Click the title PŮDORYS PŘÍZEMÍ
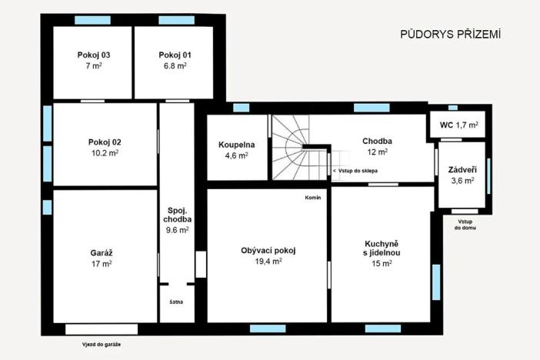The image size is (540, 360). click(451, 35)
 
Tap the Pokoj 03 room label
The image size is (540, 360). click(94, 55)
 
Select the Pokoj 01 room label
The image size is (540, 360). click(175, 55)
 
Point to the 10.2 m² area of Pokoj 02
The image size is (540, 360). click(105, 153)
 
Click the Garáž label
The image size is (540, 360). click(101, 252)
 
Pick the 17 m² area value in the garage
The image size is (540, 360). click(101, 264)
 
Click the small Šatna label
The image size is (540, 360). click(176, 302)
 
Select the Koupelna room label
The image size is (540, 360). click(236, 144)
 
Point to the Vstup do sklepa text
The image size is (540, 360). click(355, 170)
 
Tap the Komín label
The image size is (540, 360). click(313, 197)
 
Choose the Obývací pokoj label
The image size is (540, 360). click(268, 250)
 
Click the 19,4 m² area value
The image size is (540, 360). click(268, 262)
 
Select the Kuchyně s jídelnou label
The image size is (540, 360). click(382, 246)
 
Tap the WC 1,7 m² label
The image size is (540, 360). click(459, 124)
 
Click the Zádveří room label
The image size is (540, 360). click(462, 169)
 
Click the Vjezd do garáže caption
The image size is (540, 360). click(102, 344)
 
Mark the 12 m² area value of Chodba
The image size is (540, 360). click(377, 152)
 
